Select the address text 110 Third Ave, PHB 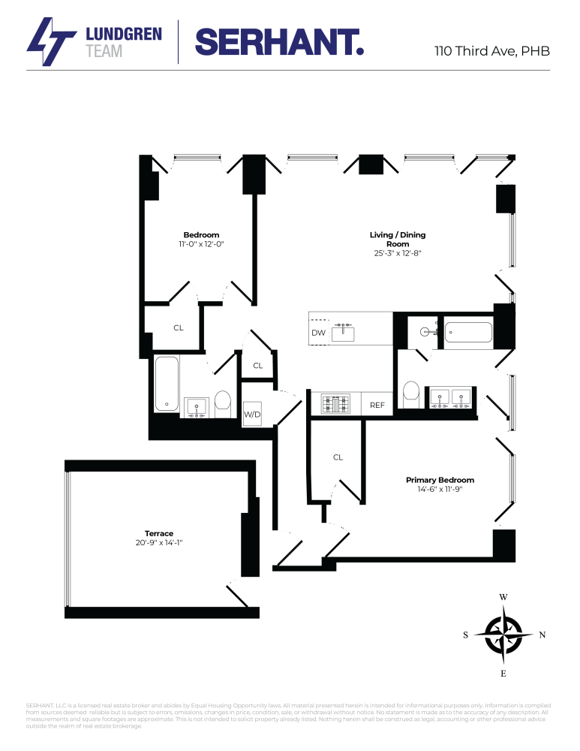(x=492, y=52)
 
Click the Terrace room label (x=159, y=533)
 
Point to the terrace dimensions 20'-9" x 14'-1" (x=159, y=542)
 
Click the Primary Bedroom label (x=440, y=480)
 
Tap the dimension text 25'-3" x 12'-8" (x=397, y=253)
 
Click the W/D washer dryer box (x=252, y=414)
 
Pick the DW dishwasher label (x=318, y=333)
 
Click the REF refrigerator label (x=377, y=405)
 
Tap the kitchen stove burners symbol (x=335, y=404)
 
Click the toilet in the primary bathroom (x=410, y=392)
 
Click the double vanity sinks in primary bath (x=450, y=398)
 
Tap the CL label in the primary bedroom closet (x=338, y=457)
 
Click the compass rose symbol (x=503, y=635)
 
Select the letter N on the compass (x=542, y=635)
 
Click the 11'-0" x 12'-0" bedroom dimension (x=201, y=244)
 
